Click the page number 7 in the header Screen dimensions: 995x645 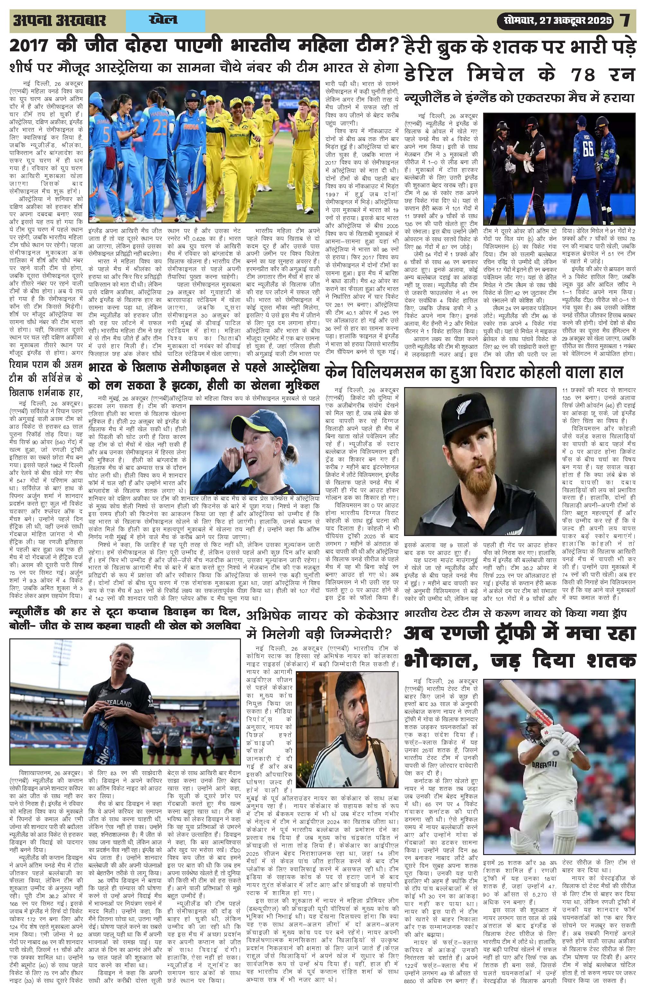click(x=626, y=21)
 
